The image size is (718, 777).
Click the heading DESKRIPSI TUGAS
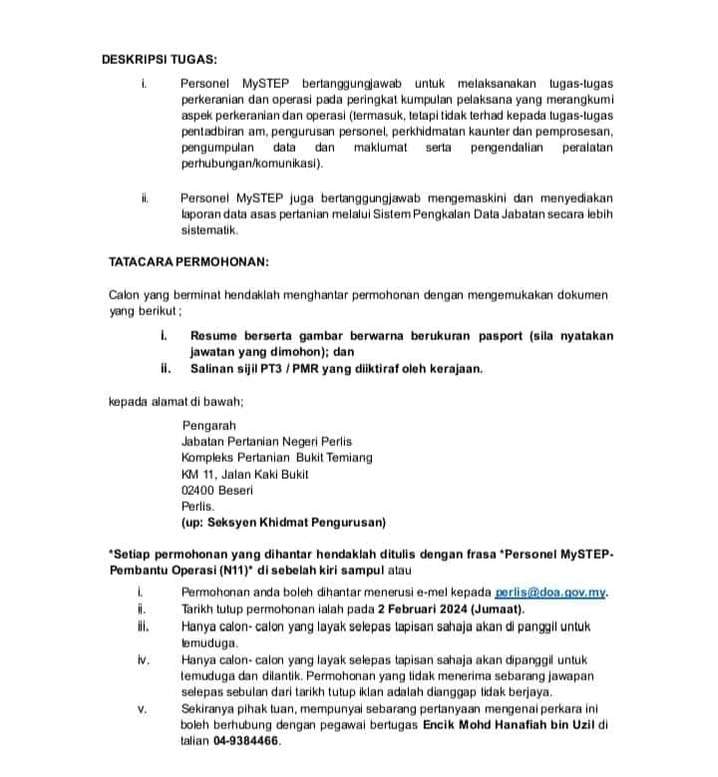[x=159, y=58]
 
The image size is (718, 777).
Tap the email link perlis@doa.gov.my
[x=550, y=591]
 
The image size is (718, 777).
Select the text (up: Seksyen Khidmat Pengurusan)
[x=283, y=522]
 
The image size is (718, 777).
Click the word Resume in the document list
[x=213, y=336]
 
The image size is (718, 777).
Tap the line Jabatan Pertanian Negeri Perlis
[x=266, y=441]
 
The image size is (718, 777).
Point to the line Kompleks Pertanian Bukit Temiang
[x=276, y=458]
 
